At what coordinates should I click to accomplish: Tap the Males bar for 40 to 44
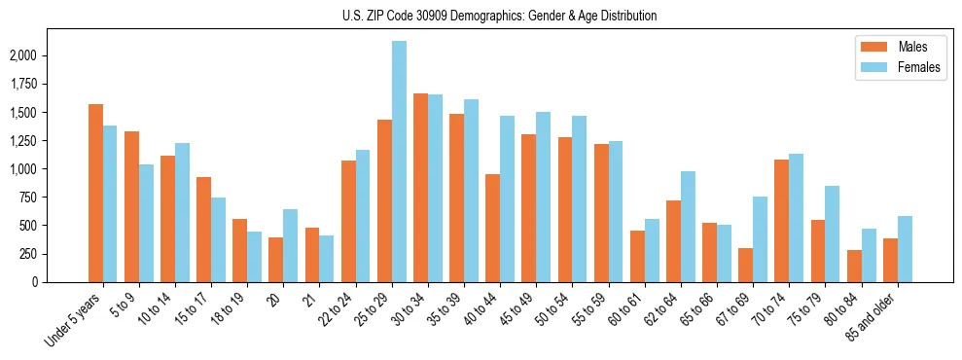point(492,228)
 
